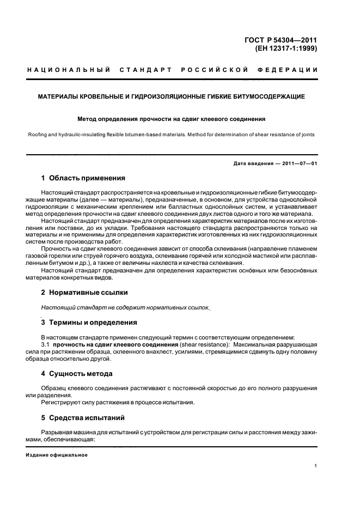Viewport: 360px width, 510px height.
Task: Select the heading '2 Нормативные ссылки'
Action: click(81, 293)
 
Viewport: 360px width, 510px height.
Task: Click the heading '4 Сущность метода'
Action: click(77, 374)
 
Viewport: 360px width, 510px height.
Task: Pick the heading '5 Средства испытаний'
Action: click(83, 418)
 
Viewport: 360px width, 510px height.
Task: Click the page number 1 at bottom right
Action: click(316, 466)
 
